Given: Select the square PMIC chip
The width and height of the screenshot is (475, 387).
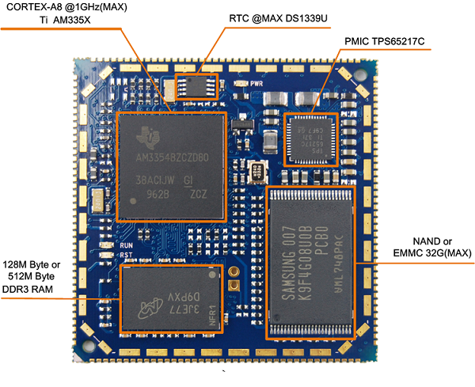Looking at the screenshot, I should point(311,138).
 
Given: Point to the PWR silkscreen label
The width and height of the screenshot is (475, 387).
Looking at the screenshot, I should point(256,82).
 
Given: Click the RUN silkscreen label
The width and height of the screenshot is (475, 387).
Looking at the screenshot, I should point(125,246).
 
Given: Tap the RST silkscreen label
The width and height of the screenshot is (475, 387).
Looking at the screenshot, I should point(125,255).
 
